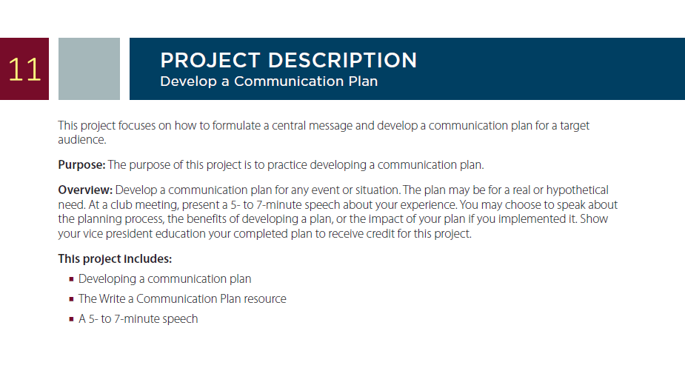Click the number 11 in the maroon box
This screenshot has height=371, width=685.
click(24, 70)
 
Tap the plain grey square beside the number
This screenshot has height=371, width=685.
click(89, 69)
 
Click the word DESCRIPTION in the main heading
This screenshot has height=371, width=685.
click(342, 60)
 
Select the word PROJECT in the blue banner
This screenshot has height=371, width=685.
click(210, 60)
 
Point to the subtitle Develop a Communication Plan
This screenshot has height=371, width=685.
click(269, 81)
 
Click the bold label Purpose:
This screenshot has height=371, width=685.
click(81, 165)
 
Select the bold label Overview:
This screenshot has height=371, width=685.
click(85, 190)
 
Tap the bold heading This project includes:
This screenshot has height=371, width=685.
click(115, 258)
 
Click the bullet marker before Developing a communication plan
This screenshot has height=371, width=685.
click(71, 279)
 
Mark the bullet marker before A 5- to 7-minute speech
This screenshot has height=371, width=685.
click(71, 319)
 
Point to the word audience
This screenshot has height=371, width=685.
click(82, 140)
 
